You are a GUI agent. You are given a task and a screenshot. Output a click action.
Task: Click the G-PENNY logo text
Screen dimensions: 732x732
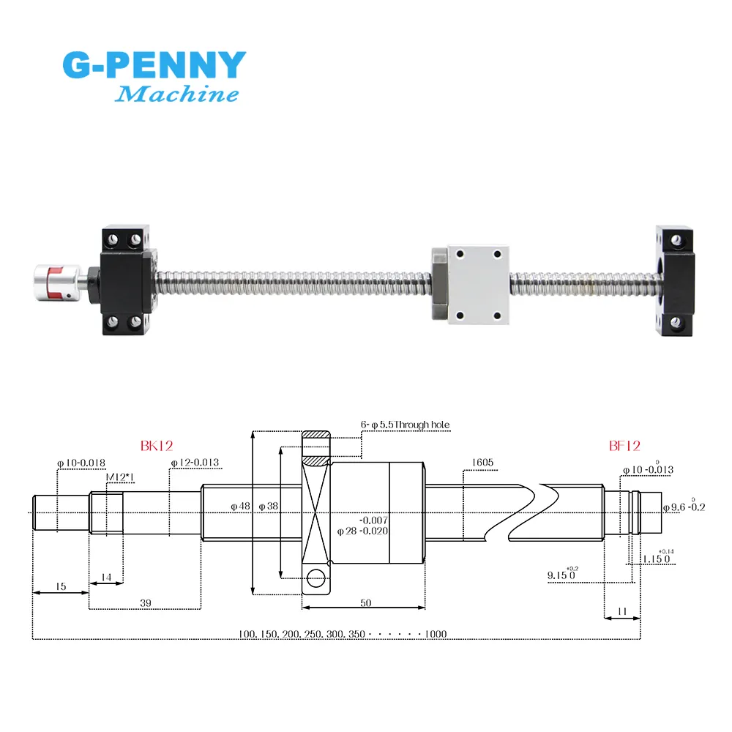pyautogui.click(x=154, y=65)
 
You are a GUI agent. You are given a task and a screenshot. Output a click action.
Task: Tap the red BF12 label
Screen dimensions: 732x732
pyautogui.click(x=624, y=445)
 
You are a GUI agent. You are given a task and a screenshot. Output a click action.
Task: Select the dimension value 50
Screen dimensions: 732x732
pyautogui.click(x=365, y=602)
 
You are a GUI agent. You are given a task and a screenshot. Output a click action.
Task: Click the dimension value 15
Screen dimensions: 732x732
pyautogui.click(x=60, y=586)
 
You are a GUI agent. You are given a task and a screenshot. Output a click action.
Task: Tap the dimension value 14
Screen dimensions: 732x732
pyautogui.click(x=105, y=578)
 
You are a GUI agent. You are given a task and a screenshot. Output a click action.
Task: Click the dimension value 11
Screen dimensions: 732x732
pyautogui.click(x=621, y=610)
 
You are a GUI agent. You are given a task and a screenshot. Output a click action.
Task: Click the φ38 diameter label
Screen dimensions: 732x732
pyautogui.click(x=269, y=506)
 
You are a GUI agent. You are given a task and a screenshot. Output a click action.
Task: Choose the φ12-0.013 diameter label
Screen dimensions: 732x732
pyautogui.click(x=195, y=463)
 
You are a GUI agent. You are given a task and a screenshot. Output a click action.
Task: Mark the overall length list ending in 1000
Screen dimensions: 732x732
pyautogui.click(x=342, y=633)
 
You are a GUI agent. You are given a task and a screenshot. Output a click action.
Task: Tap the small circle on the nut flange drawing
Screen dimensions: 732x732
pyautogui.click(x=315, y=578)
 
